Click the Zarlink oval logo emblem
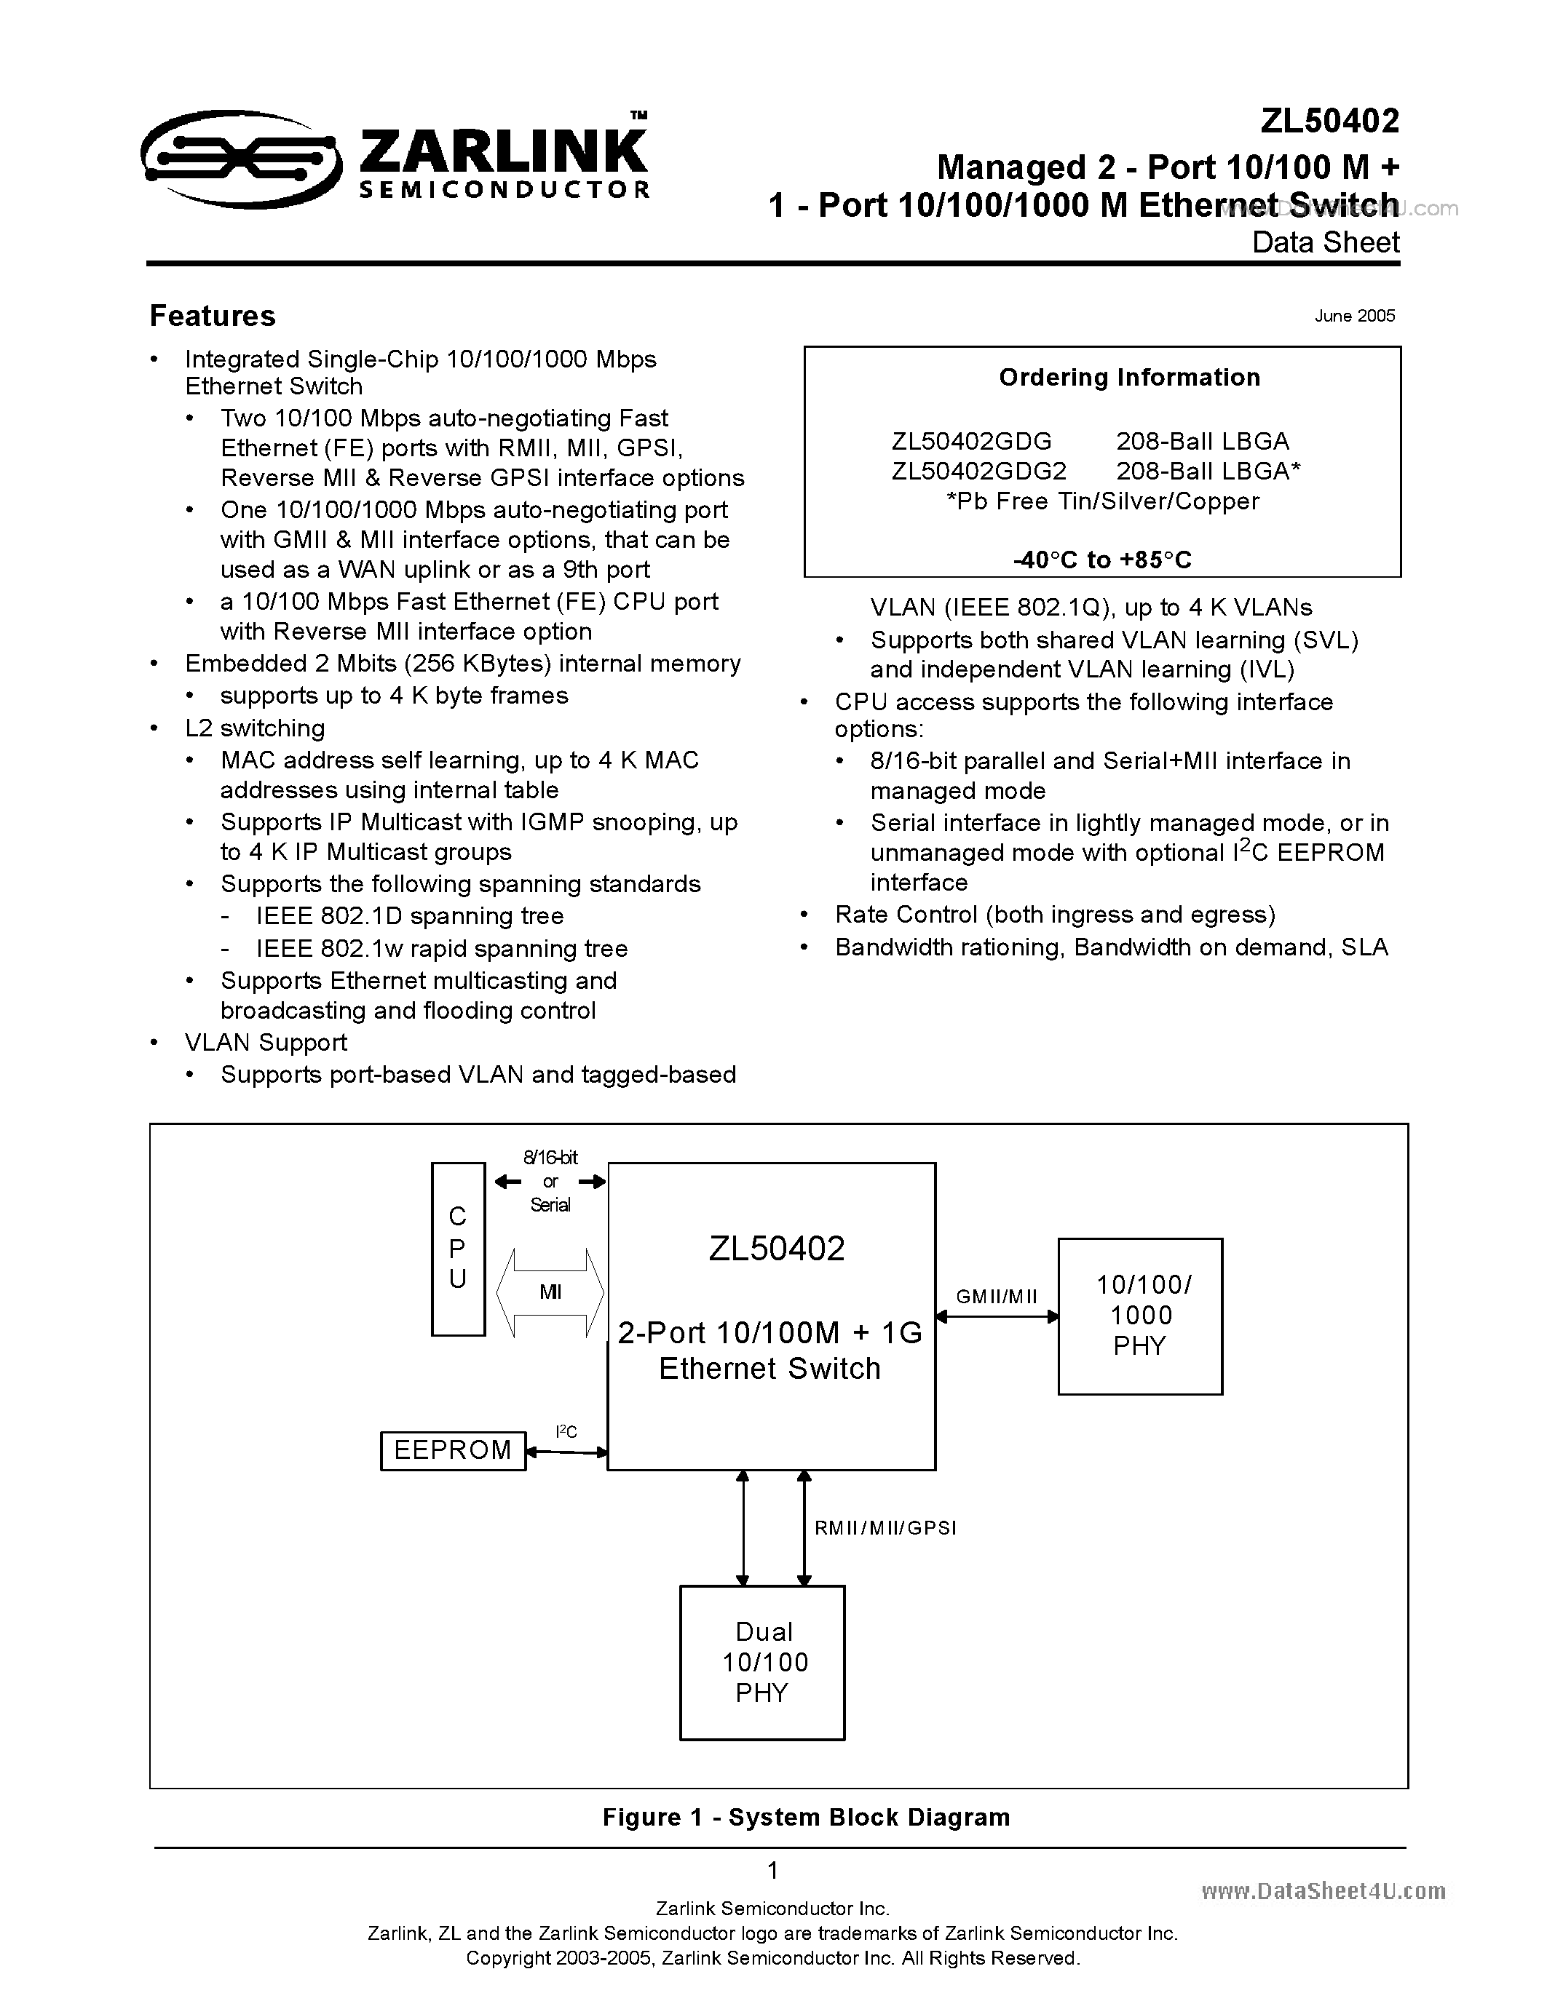[241, 159]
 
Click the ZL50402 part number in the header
[1329, 121]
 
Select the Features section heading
[213, 316]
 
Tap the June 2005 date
[1353, 316]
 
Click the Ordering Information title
[1129, 378]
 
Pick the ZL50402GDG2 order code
[978, 471]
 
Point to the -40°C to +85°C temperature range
[1102, 560]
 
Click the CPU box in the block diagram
[458, 1248]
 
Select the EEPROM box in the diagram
[453, 1450]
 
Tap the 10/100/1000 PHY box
[1139, 1316]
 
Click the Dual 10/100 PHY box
[761, 1662]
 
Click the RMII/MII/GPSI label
[885, 1528]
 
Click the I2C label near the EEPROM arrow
[566, 1431]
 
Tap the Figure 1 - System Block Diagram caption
[806, 1818]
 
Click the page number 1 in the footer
[772, 1870]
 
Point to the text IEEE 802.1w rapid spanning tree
[442, 948]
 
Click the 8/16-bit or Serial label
[550, 1181]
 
